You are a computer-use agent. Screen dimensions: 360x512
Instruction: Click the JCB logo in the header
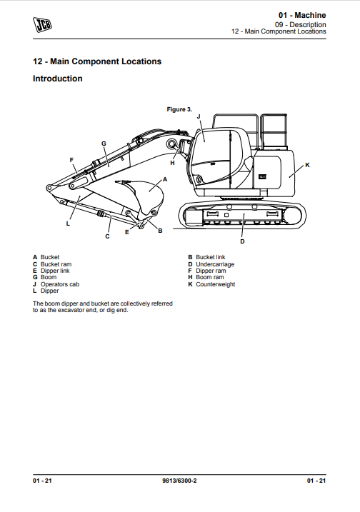click(42, 25)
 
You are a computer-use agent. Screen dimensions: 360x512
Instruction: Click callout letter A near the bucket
click(165, 179)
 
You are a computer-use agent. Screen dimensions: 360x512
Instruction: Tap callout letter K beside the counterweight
click(307, 165)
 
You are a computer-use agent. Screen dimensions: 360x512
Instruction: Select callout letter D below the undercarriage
click(242, 241)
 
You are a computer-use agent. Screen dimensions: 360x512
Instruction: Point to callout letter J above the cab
click(199, 116)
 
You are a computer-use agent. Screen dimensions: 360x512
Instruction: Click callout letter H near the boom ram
click(172, 163)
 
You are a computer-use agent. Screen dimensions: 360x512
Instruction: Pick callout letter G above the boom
click(104, 144)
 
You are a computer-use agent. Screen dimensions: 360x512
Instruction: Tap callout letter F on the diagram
click(71, 160)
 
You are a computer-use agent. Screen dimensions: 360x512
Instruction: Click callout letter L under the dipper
click(68, 224)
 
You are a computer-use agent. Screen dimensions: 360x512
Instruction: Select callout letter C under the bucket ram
click(107, 236)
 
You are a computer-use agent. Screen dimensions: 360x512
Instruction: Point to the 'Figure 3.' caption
click(179, 109)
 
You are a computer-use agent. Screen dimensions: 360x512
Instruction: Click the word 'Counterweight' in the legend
click(215, 284)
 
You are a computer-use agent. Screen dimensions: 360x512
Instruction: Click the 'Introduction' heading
click(57, 79)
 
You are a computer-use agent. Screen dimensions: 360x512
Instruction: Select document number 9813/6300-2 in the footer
click(179, 481)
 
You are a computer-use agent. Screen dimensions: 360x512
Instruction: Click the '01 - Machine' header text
click(302, 15)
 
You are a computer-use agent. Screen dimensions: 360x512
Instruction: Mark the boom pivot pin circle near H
click(171, 144)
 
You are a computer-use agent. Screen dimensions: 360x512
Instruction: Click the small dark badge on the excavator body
click(263, 176)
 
